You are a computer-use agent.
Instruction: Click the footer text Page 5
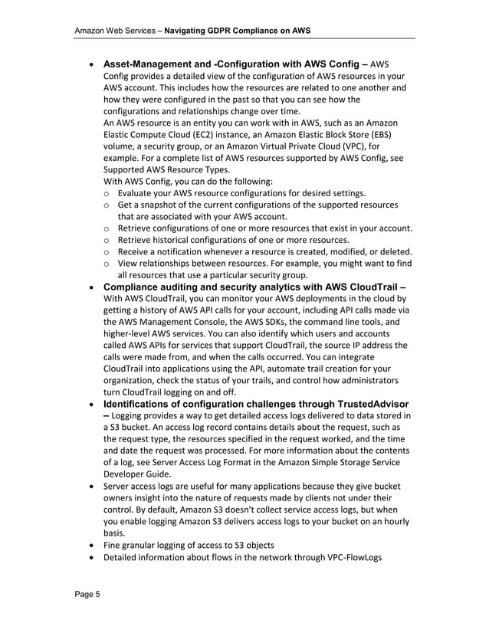(88, 594)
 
